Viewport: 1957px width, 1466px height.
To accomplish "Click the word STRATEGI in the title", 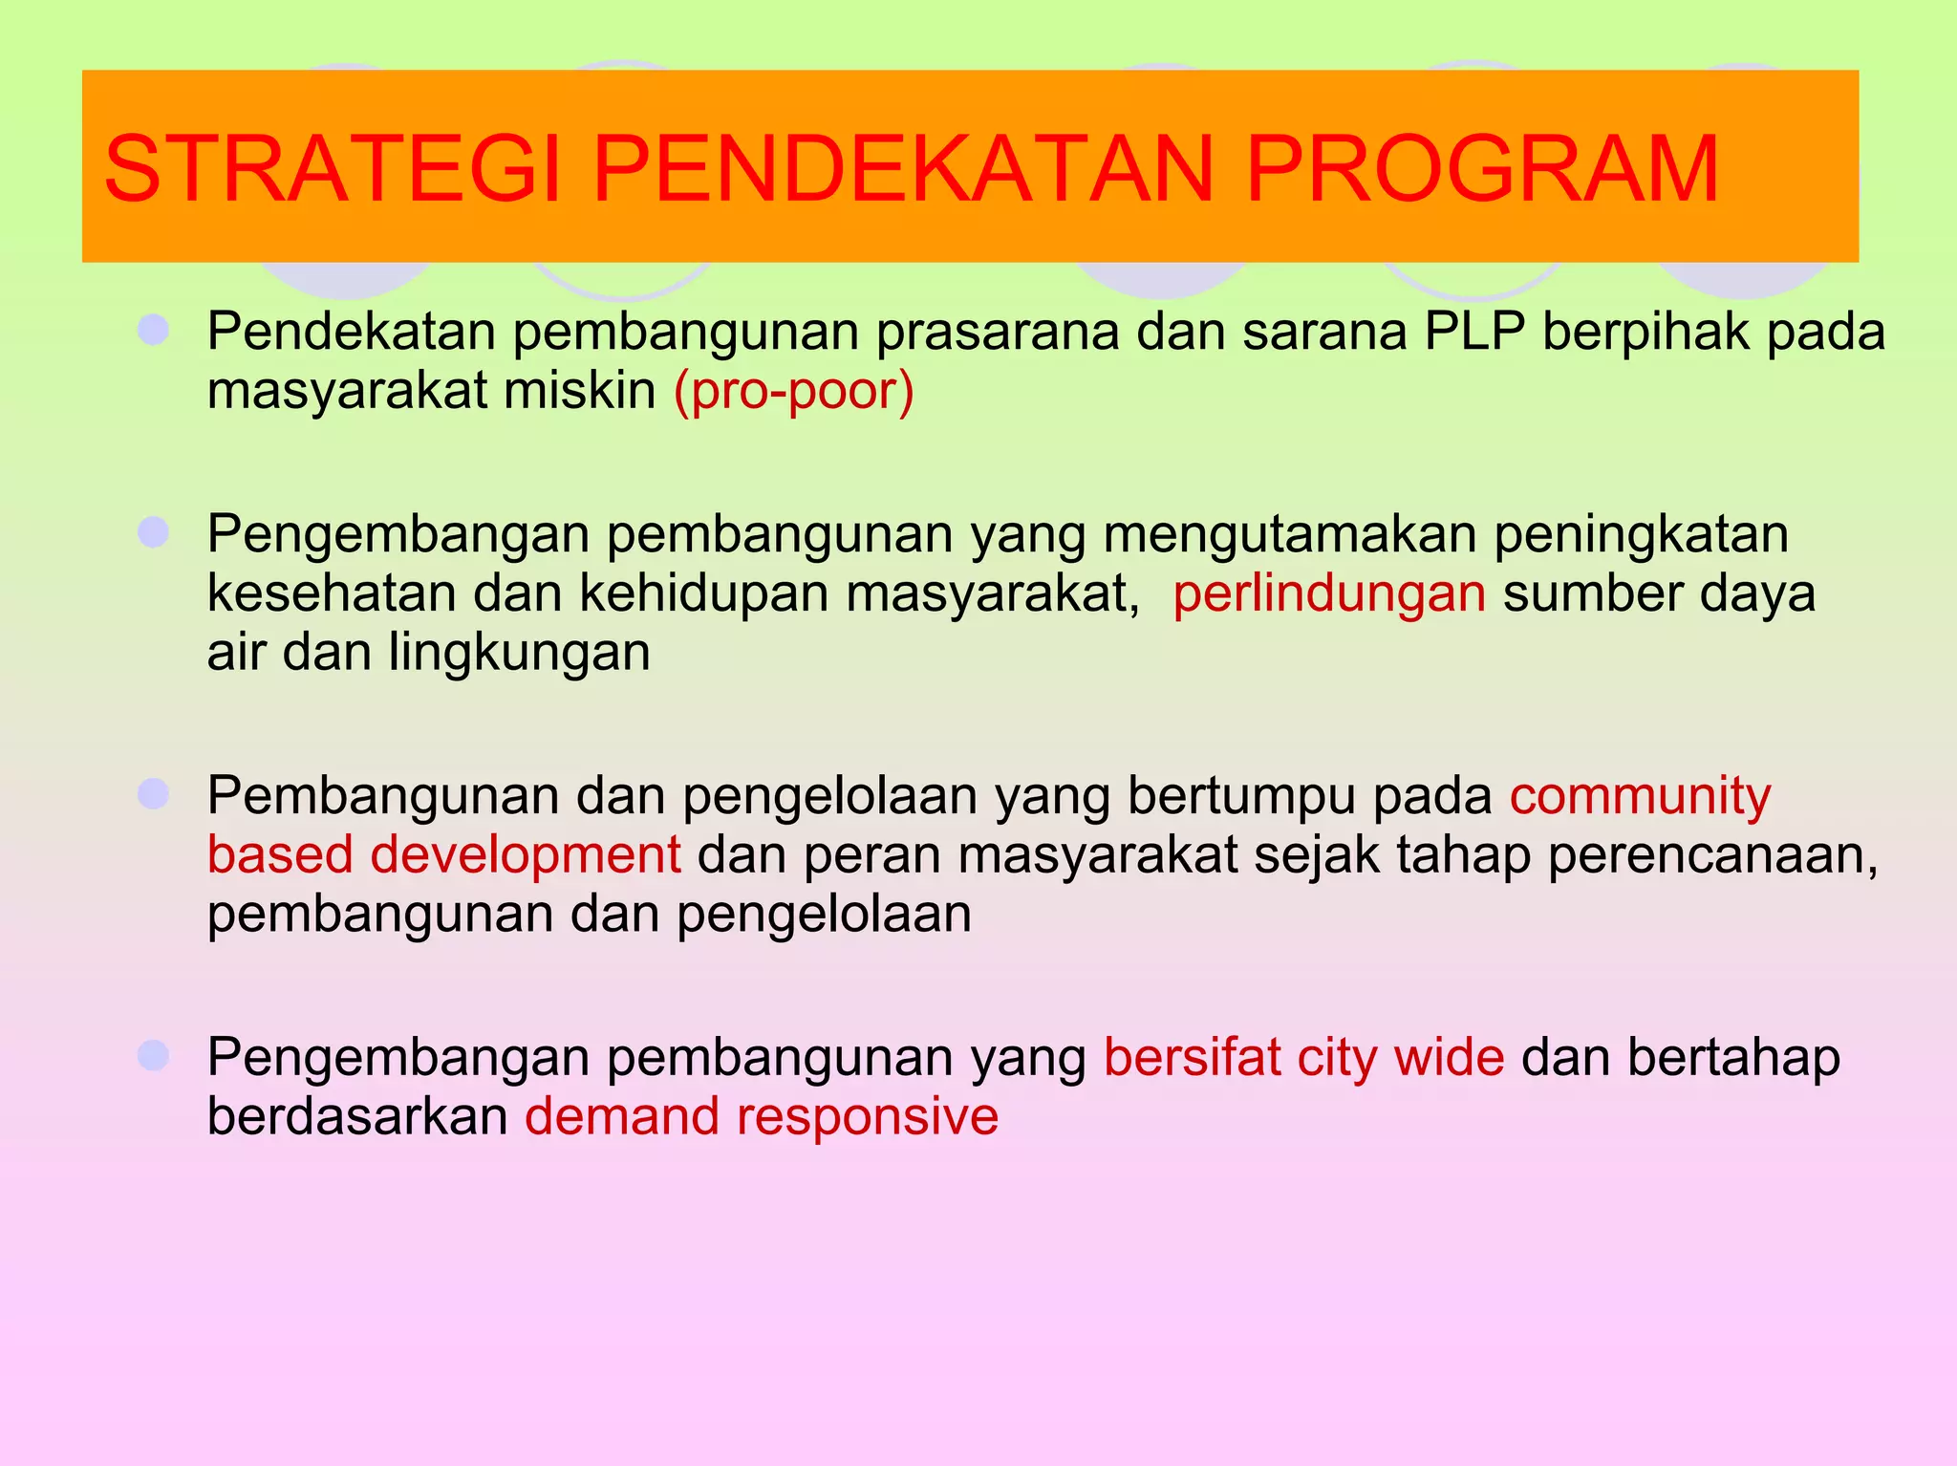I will point(331,170).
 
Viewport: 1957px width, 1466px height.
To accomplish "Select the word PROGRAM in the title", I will point(1482,170).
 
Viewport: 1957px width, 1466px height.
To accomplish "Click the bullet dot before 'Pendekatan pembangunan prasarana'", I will point(153,331).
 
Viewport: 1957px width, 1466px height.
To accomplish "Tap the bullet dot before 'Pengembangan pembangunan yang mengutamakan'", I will point(153,532).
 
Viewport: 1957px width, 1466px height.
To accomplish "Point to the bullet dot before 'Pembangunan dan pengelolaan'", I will point(153,793).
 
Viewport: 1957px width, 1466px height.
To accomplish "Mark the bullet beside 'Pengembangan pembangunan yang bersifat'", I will point(153,1056).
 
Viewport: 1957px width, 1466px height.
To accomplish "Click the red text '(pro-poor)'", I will point(793,391).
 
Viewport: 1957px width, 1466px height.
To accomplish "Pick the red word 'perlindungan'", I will point(1329,593).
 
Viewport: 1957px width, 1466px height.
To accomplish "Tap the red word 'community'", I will point(1640,796).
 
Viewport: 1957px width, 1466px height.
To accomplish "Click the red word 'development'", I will point(526,854).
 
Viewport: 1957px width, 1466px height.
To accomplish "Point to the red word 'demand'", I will point(622,1116).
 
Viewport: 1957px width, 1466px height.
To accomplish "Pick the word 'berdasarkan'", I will point(357,1116).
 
